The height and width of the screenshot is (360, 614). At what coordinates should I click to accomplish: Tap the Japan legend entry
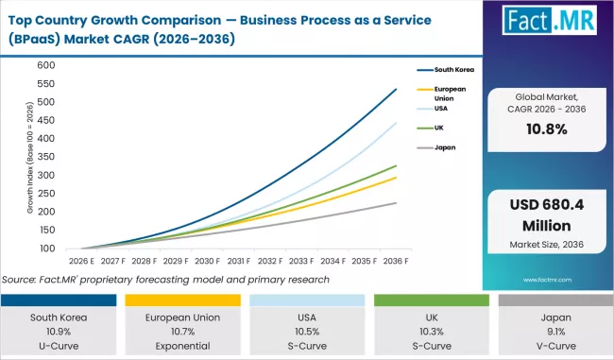coord(446,147)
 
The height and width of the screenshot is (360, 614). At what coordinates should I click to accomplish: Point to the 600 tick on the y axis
coord(46,65)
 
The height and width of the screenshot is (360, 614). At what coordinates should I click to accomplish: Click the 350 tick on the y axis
coord(46,157)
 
